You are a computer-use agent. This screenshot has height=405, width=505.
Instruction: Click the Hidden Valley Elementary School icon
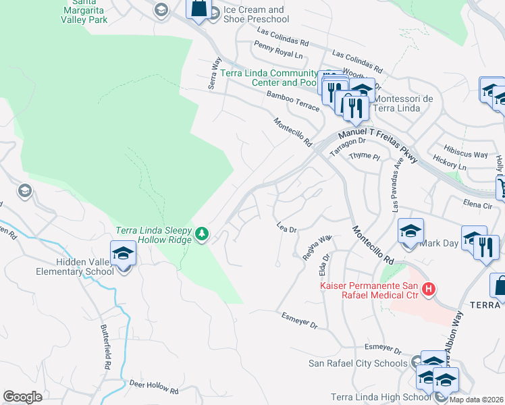click(x=123, y=254)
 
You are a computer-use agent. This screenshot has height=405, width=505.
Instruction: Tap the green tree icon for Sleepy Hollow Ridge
click(x=202, y=234)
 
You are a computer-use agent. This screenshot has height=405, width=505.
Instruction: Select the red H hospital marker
click(x=427, y=290)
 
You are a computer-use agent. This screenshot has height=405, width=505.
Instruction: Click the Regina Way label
click(x=317, y=247)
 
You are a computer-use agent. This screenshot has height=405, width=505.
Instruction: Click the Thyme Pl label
click(x=365, y=156)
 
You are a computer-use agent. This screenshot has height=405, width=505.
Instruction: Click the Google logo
click(x=23, y=396)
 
